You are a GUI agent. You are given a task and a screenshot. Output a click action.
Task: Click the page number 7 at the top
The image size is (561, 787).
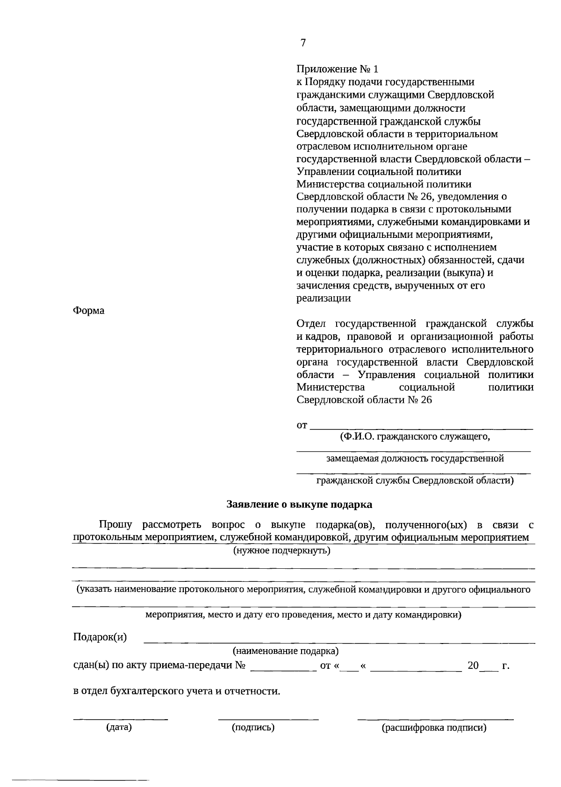click(x=303, y=43)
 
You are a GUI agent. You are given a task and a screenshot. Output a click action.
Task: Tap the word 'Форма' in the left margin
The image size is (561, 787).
click(x=89, y=311)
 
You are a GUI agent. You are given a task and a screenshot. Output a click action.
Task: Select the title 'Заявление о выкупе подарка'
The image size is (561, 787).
click(x=299, y=504)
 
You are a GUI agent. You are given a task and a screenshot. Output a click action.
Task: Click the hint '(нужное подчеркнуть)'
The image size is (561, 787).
click(x=282, y=551)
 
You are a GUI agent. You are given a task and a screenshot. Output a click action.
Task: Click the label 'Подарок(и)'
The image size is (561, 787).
click(x=100, y=637)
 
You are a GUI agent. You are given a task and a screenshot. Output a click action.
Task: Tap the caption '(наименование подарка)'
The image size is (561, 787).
click(x=286, y=651)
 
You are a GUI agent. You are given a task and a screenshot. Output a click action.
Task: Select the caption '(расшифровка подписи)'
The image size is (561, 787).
click(x=434, y=728)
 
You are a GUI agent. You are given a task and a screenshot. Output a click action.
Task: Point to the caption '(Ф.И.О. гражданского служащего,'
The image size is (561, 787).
click(x=415, y=436)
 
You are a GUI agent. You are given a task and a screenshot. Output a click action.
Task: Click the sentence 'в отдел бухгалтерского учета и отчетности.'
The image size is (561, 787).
click(x=177, y=691)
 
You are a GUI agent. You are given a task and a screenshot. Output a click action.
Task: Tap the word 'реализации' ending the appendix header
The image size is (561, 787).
click(x=324, y=298)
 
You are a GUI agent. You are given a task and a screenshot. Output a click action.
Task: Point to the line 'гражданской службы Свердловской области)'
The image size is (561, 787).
click(x=415, y=480)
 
